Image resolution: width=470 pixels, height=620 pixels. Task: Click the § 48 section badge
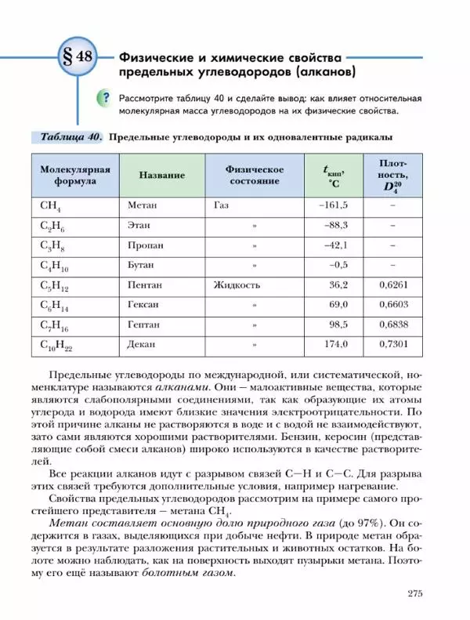click(x=74, y=59)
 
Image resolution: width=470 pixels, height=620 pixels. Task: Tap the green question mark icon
click(x=102, y=99)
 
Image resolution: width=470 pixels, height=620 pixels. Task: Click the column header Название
click(x=161, y=175)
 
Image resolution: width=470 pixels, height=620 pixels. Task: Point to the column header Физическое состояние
click(x=254, y=175)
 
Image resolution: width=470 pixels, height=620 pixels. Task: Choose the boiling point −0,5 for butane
click(x=338, y=265)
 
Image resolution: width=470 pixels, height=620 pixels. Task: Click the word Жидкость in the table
click(x=237, y=285)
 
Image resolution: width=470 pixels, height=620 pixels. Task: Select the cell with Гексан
click(x=143, y=304)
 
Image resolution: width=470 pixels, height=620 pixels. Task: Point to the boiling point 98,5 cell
click(x=338, y=324)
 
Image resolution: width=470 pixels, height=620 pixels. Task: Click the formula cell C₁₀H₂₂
click(x=56, y=345)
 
